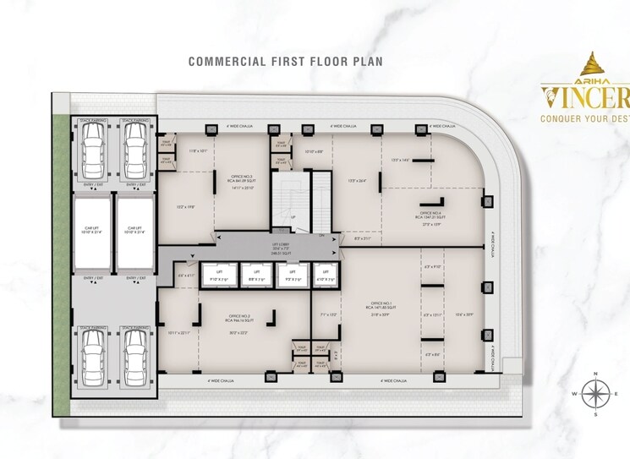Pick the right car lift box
[135, 229]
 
